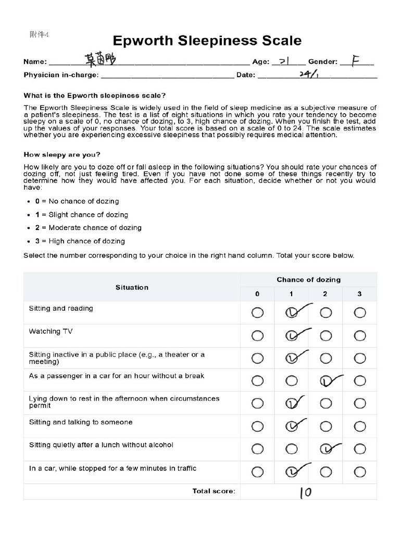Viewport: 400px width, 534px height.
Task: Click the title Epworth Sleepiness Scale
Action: [x=207, y=41]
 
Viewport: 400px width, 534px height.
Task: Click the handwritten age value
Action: [x=285, y=61]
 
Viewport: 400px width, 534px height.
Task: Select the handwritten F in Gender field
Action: [x=356, y=60]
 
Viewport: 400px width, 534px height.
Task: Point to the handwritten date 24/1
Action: [x=309, y=75]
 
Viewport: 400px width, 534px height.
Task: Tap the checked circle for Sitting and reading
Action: [x=292, y=312]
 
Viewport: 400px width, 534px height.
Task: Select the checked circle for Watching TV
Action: [x=292, y=336]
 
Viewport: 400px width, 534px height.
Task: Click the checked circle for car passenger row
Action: [x=326, y=381]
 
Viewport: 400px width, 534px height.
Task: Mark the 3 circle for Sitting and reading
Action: [x=360, y=313]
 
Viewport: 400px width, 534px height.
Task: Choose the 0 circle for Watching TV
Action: [x=257, y=336]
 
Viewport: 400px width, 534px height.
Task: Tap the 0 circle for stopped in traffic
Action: [x=257, y=472]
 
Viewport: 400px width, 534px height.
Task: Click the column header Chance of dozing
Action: [x=308, y=280]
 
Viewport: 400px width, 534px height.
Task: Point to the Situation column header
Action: [x=132, y=287]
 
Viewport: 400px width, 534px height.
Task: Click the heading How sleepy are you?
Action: [x=62, y=155]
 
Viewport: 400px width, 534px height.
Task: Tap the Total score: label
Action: [x=214, y=491]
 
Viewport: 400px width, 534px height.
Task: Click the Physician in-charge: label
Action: [x=61, y=75]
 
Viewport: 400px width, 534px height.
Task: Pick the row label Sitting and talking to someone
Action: [x=81, y=422]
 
